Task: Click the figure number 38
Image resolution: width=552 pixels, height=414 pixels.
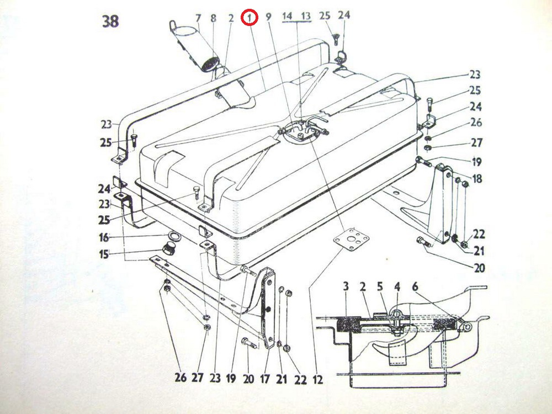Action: (x=110, y=21)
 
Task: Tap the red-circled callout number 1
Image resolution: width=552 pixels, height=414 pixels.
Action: (x=250, y=18)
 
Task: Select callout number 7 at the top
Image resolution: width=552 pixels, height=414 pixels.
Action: (x=198, y=18)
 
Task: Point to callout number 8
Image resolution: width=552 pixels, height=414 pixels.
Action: (x=214, y=18)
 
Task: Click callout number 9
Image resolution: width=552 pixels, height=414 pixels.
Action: (x=269, y=17)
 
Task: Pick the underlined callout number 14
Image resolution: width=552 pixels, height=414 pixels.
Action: (x=288, y=16)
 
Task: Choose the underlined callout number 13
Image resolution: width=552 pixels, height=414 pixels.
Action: (x=306, y=16)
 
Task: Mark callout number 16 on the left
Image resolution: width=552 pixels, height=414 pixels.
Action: (x=104, y=237)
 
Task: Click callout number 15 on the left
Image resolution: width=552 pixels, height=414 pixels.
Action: (x=104, y=254)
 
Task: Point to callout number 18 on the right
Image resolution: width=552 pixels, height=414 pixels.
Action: (x=477, y=178)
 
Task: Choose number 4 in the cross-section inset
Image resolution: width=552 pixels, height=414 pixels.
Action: (x=397, y=287)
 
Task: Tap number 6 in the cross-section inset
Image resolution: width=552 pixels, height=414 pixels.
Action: (x=416, y=287)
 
